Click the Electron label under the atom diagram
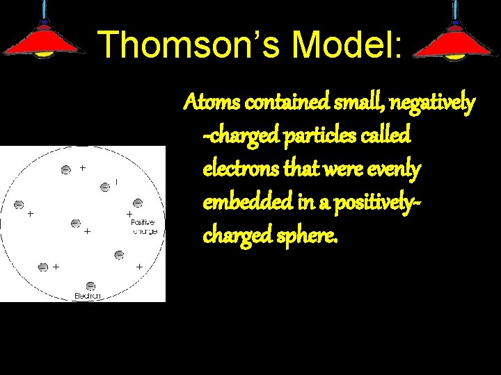(x=88, y=296)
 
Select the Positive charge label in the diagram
(x=143, y=226)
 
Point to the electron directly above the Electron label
(x=90, y=285)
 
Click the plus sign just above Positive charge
(x=129, y=214)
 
